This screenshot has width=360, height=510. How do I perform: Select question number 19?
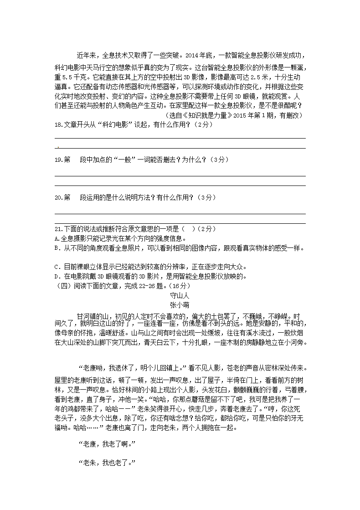[x=58, y=160]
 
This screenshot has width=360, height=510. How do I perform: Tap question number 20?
[x=58, y=198]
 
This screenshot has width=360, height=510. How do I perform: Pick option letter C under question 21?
[x=56, y=267]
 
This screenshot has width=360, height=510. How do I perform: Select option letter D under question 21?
[x=56, y=276]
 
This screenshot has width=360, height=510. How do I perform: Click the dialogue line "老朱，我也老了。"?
[x=108, y=463]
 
